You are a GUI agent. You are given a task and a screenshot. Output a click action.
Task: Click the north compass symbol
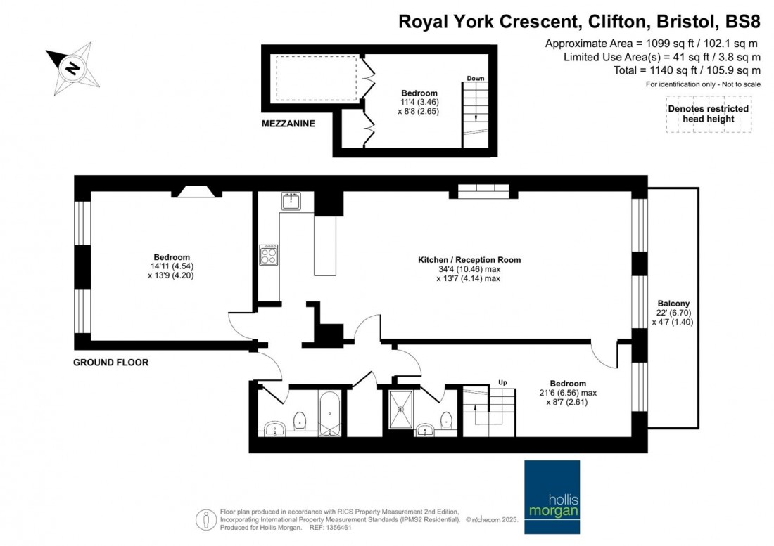tap(72, 68)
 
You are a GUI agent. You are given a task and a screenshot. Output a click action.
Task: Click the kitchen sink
tap(291, 201)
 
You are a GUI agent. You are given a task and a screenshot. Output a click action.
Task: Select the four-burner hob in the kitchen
tap(269, 254)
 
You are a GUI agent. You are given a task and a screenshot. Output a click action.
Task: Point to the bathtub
tap(329, 415)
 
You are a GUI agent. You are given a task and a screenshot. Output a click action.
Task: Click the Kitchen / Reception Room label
tap(469, 260)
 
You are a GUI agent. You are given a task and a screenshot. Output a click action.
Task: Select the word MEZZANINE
tap(287, 124)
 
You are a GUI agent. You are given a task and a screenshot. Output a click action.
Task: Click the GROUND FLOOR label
tap(111, 363)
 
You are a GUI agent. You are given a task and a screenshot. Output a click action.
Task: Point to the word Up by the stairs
tap(502, 382)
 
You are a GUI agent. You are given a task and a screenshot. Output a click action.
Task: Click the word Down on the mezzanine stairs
tap(476, 78)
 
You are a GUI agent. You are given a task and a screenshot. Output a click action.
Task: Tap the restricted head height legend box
tap(708, 115)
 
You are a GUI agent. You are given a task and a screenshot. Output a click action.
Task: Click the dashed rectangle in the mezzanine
tap(317, 79)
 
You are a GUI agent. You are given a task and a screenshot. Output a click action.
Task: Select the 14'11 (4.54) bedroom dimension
tap(172, 266)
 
